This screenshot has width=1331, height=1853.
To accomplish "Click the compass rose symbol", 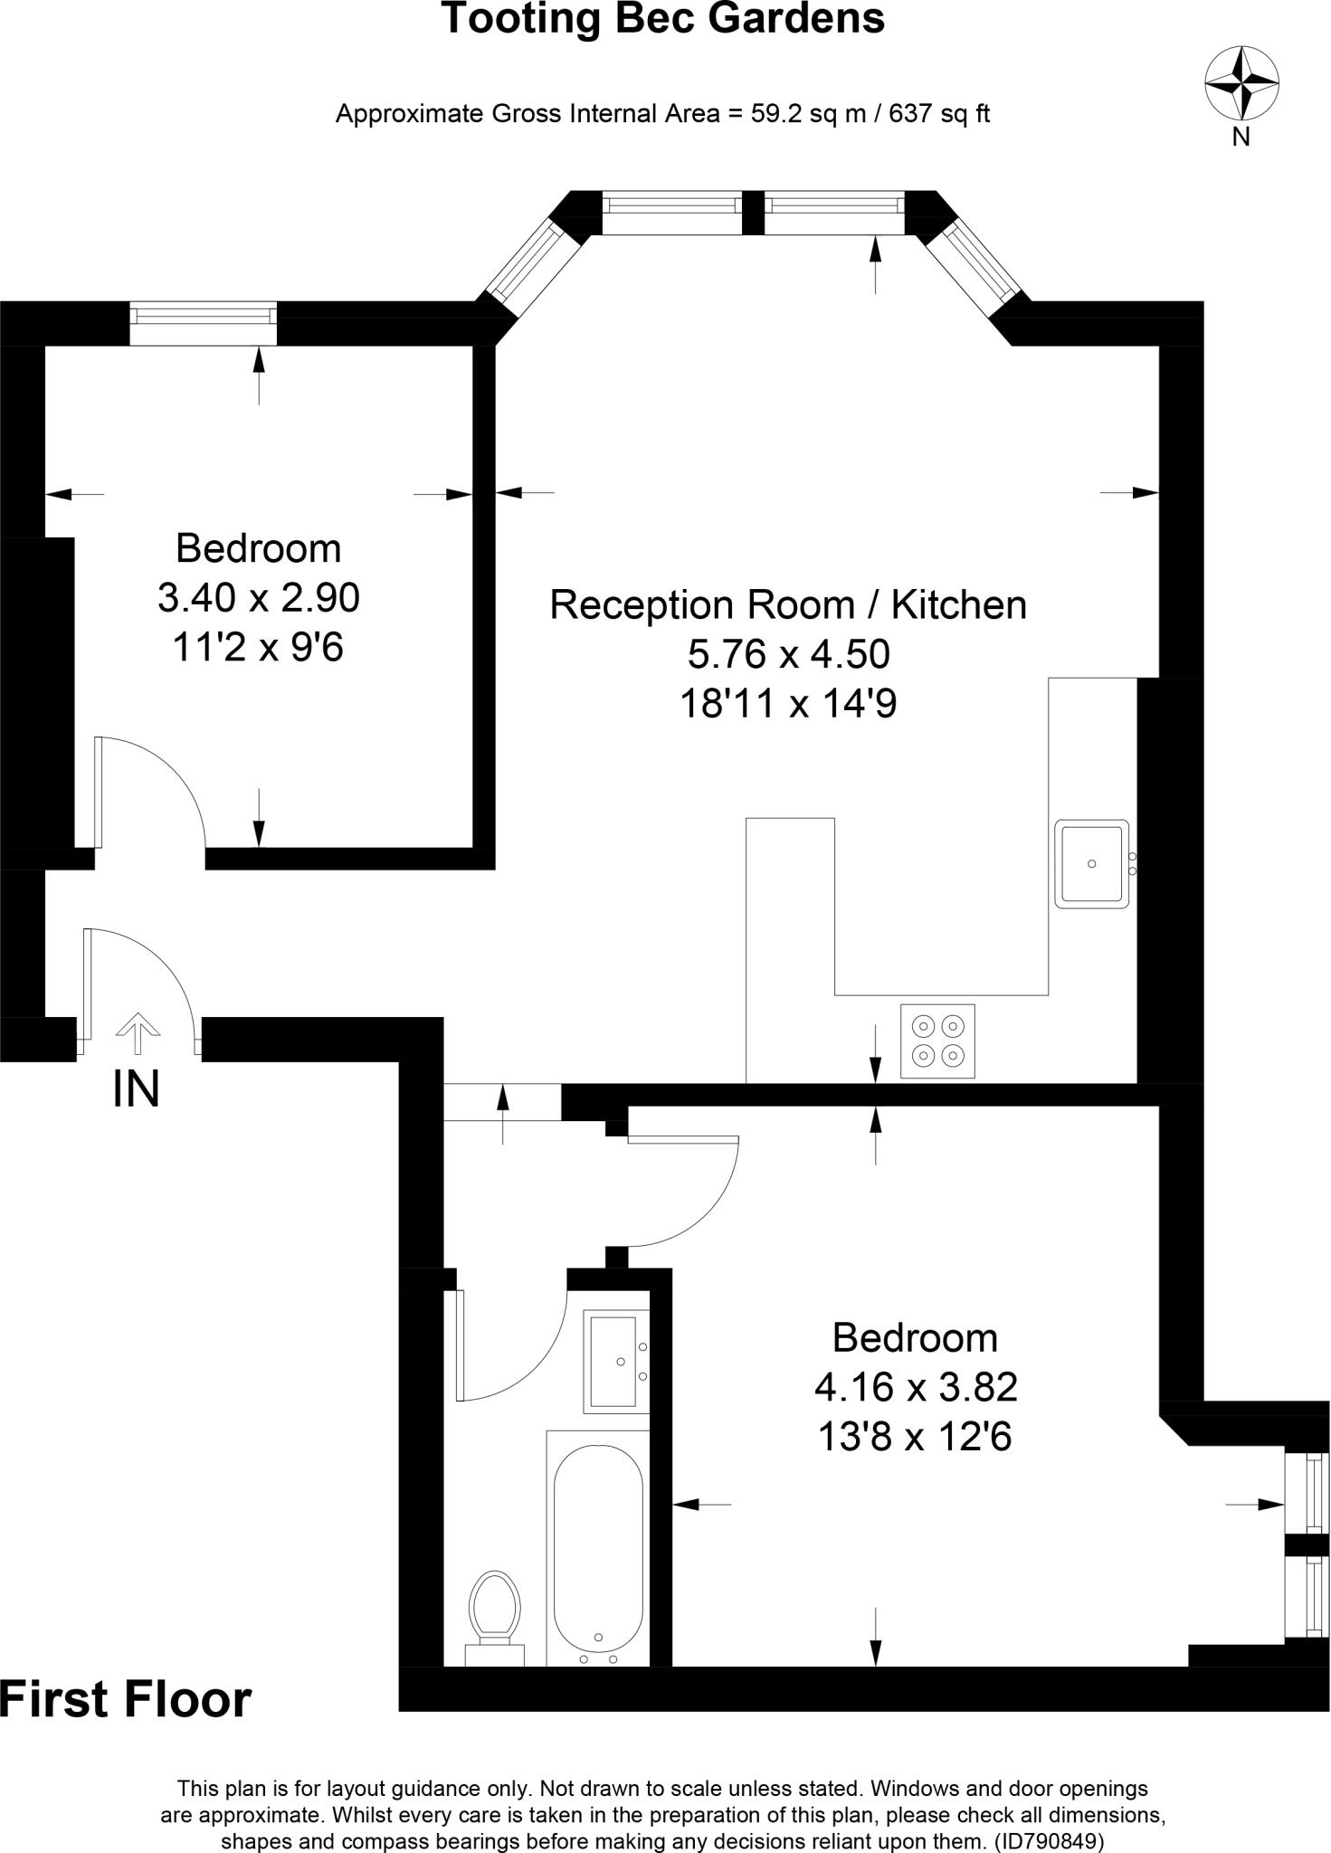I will tap(1241, 83).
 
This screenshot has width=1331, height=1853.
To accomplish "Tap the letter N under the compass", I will tap(1241, 138).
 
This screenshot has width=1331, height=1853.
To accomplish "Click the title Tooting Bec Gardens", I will tap(663, 20).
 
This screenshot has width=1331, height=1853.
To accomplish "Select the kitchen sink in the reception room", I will tap(1091, 863).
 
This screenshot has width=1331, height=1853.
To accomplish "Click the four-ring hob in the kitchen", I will tap(937, 1041).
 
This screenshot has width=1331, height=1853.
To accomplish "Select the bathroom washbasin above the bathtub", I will tap(615, 1361).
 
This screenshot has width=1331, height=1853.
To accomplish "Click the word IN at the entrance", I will tap(136, 1089).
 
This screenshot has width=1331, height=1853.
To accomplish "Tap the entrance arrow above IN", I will tap(138, 1033).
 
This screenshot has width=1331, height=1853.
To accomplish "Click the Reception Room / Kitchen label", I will tap(788, 604).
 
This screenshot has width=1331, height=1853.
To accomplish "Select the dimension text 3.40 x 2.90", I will tap(259, 597).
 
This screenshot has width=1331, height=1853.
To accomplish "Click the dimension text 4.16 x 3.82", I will tap(916, 1386).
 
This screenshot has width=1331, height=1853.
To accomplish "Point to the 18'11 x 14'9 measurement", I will tap(788, 703).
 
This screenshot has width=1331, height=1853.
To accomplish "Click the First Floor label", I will tap(125, 1699).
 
